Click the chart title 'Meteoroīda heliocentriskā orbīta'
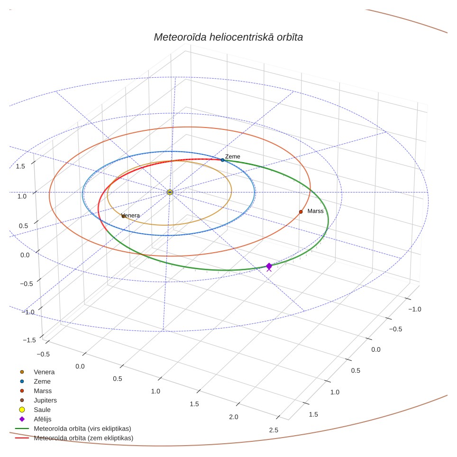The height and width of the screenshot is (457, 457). [x=228, y=37]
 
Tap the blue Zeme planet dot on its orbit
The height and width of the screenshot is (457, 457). [x=222, y=160]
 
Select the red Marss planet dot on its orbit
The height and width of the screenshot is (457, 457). [x=301, y=212]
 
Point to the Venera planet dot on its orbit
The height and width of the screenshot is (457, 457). [x=123, y=216]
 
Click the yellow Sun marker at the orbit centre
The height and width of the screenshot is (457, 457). [x=170, y=192]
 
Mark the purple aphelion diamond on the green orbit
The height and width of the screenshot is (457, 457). [x=269, y=266]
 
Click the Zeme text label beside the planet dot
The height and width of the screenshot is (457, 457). [x=233, y=156]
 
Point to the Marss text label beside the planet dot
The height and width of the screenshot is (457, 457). [x=315, y=211]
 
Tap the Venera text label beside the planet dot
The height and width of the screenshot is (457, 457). [x=130, y=215]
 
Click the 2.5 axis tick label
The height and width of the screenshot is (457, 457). [x=274, y=430]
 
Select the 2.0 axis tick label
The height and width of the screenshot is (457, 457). [x=233, y=417]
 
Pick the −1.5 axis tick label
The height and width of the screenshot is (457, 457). [x=29, y=340]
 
